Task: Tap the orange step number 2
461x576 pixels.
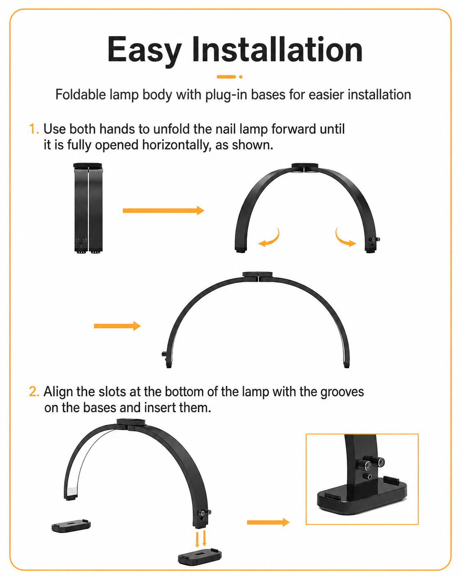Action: click(34, 392)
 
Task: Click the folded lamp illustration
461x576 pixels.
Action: click(88, 208)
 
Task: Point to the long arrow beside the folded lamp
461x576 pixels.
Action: click(163, 210)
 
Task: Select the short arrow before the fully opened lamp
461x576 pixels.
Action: click(117, 326)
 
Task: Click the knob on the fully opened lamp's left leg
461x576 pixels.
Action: click(164, 354)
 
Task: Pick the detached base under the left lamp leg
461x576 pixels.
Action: click(71, 526)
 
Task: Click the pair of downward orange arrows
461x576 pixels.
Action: click(201, 539)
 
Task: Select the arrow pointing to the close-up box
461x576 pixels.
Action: click(268, 522)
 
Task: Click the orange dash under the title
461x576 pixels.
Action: click(226, 77)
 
